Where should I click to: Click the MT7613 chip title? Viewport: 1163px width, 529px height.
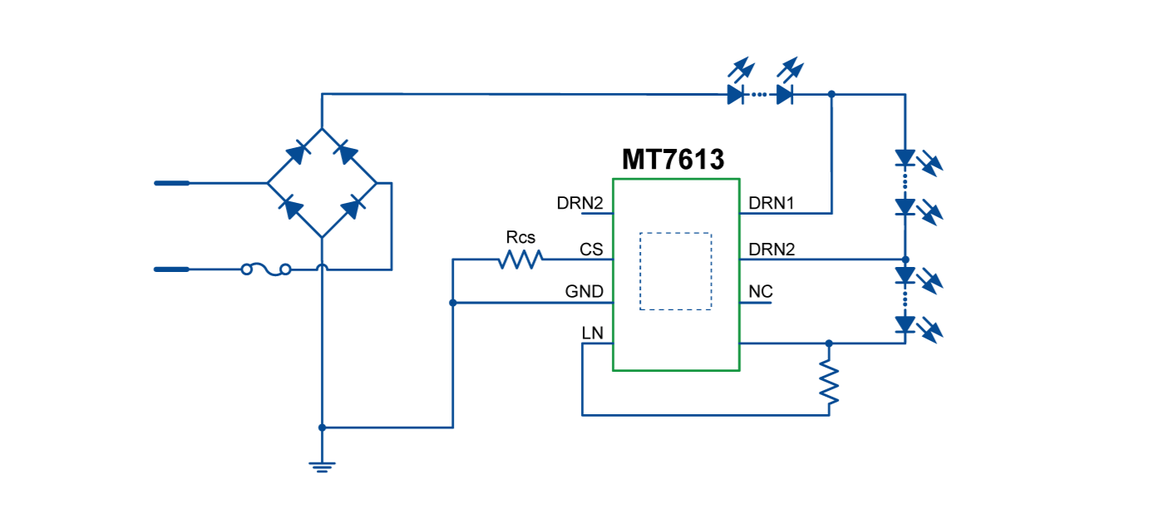673,160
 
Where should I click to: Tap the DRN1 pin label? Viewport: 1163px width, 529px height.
771,203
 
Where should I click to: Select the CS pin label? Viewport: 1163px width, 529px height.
591,250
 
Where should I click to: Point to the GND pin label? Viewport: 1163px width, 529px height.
584,292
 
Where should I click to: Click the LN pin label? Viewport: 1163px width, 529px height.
592,334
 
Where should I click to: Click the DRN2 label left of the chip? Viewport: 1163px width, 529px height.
579,203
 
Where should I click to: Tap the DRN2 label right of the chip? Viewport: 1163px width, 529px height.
771,250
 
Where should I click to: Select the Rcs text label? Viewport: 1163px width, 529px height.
520,238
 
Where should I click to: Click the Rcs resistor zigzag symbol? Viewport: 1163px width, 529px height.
520,260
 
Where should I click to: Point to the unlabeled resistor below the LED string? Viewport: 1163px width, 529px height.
829,382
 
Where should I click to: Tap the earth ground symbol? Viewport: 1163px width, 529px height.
322,467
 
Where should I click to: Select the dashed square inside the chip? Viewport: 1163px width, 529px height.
675,271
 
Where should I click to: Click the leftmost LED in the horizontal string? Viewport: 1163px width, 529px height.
736,93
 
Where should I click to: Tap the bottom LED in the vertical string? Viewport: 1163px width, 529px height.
905,324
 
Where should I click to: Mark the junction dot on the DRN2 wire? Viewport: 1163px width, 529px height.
905,260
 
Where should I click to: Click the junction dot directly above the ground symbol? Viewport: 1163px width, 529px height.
322,428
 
